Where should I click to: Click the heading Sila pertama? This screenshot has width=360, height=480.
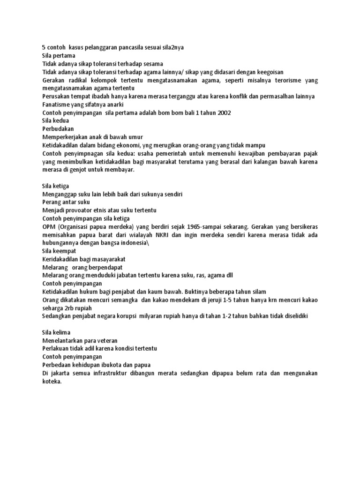[x=59, y=56]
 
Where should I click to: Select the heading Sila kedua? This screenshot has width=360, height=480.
[x=56, y=120]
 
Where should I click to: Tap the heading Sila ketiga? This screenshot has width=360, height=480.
[x=56, y=186]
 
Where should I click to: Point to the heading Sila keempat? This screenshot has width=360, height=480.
[x=59, y=251]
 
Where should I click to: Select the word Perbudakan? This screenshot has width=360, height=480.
[x=58, y=128]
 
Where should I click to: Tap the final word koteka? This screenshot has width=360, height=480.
[x=52, y=381]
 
